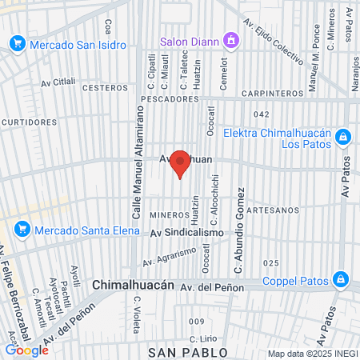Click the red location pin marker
181,163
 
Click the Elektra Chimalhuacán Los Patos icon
342,138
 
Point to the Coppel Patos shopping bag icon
340,279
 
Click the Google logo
26,350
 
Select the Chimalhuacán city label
133,284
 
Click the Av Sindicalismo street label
187,232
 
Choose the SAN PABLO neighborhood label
188,352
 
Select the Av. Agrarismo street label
170,256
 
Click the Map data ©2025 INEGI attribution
312,354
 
